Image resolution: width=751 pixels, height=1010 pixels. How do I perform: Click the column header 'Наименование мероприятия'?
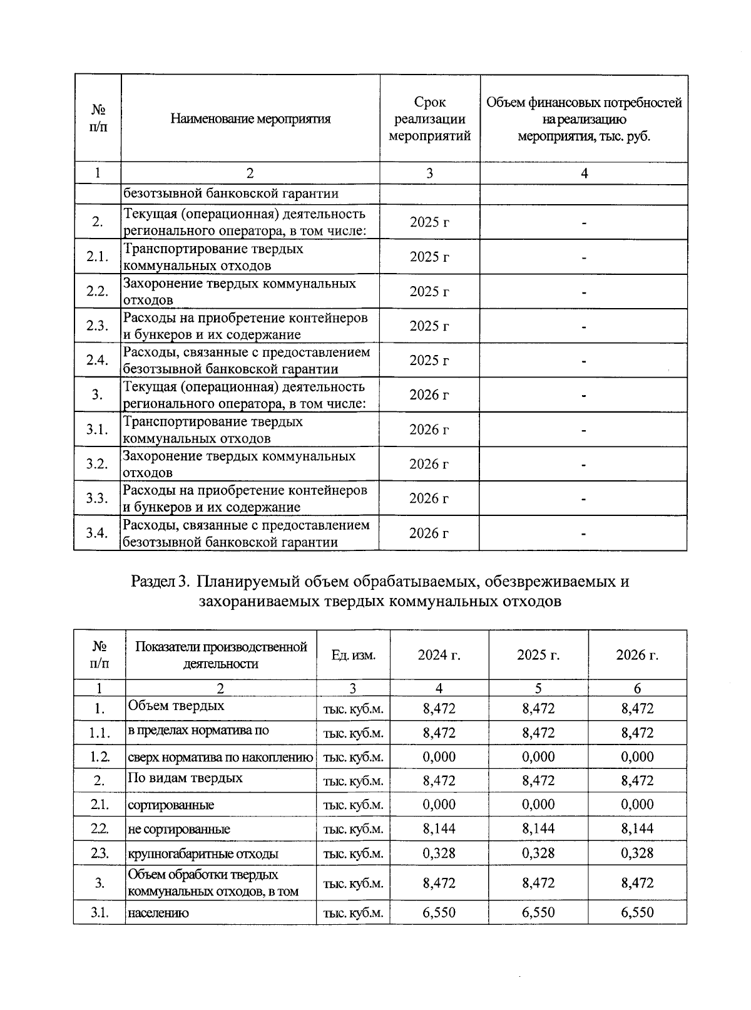point(250,119)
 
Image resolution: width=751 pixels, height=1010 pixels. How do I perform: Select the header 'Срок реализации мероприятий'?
point(429,119)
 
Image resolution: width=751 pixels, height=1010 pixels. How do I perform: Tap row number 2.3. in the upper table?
point(97,326)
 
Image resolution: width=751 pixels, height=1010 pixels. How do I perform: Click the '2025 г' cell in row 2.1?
point(429,257)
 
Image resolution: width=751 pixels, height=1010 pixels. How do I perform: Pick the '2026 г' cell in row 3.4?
point(429,533)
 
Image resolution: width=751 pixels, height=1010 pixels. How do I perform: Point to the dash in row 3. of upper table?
point(583,395)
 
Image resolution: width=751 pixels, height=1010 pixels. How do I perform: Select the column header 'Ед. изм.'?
point(353,655)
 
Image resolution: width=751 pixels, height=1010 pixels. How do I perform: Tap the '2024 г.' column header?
point(439,655)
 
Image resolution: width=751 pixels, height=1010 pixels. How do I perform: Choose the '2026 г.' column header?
point(637,655)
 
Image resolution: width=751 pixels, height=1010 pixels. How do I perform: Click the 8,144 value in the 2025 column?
point(538,828)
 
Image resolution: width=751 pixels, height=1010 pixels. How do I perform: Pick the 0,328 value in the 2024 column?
point(439,853)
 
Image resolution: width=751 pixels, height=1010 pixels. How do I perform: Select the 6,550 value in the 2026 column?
point(637,912)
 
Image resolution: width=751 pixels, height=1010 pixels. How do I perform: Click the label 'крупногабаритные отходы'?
point(203,853)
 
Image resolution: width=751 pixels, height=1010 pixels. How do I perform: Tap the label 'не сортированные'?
point(178,829)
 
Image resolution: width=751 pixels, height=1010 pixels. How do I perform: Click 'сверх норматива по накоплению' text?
point(220,757)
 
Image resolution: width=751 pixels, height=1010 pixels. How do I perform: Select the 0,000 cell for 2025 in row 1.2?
point(538,756)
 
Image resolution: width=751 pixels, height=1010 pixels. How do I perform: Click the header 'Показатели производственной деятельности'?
point(220,655)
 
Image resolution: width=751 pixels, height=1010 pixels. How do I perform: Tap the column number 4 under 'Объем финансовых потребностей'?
point(583,173)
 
